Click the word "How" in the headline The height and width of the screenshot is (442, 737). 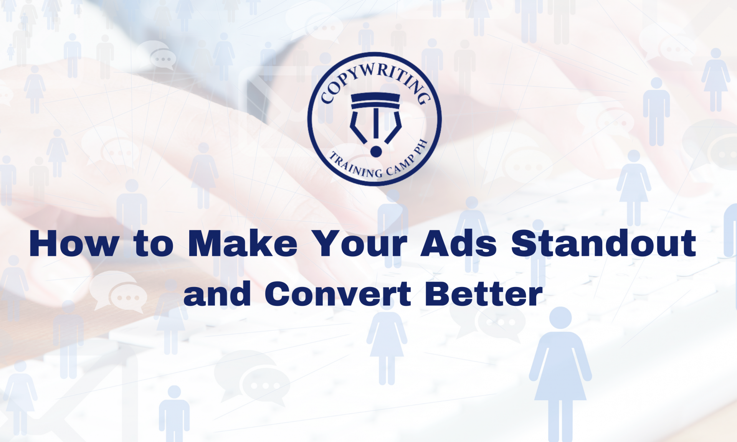[x=74, y=243]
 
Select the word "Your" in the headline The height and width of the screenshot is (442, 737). [x=359, y=243]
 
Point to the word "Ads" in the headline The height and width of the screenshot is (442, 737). [x=459, y=243]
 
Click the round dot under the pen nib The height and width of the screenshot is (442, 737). [x=376, y=152]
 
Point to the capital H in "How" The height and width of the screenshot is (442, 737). [x=45, y=243]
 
